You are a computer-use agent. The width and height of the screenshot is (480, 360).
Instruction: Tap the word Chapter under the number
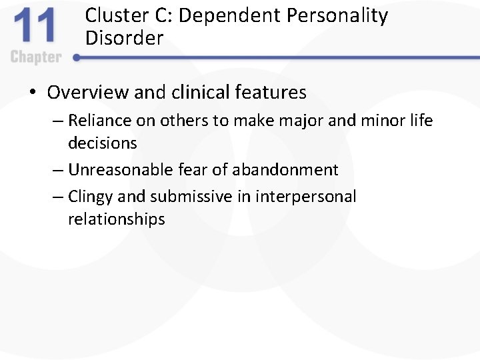point(36,57)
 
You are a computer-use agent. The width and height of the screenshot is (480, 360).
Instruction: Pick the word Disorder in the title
point(124,38)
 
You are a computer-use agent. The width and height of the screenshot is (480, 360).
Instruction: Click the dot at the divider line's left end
point(77,58)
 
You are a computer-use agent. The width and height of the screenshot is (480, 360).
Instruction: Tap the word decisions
point(103,143)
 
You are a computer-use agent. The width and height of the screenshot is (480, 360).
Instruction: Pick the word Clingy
point(91,197)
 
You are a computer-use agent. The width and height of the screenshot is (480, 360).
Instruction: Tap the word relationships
point(116,219)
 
